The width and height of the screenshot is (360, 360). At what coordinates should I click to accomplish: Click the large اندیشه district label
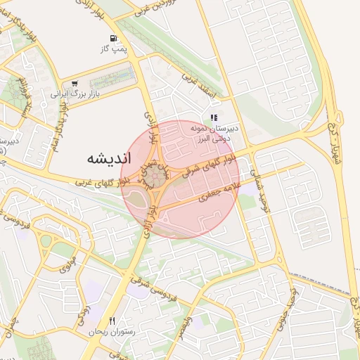click(110, 158)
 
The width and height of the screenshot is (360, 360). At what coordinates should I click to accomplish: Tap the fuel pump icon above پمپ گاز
click(111, 38)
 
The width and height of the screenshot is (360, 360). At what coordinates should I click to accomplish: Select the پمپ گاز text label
click(111, 49)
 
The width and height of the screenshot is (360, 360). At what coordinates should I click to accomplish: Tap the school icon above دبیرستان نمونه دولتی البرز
click(214, 118)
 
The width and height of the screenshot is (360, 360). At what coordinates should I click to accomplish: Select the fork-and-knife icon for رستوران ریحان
click(112, 321)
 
